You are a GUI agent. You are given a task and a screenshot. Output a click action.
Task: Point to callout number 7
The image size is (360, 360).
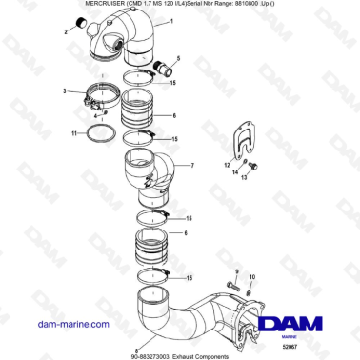point(191,166)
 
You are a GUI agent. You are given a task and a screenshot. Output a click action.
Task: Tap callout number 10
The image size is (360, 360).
point(251,277)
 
